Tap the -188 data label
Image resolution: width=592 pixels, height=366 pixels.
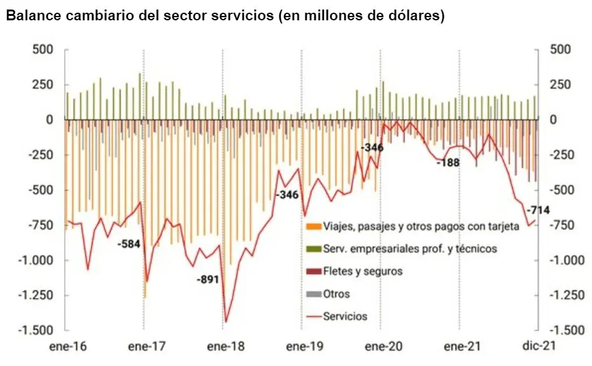click(x=448, y=163)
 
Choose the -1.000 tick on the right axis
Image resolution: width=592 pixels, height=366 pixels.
click(x=565, y=260)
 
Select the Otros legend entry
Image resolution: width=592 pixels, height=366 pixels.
click(x=336, y=294)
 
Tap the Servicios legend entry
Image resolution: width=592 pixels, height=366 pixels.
click(x=345, y=316)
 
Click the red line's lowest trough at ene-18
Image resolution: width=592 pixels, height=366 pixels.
click(x=225, y=322)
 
